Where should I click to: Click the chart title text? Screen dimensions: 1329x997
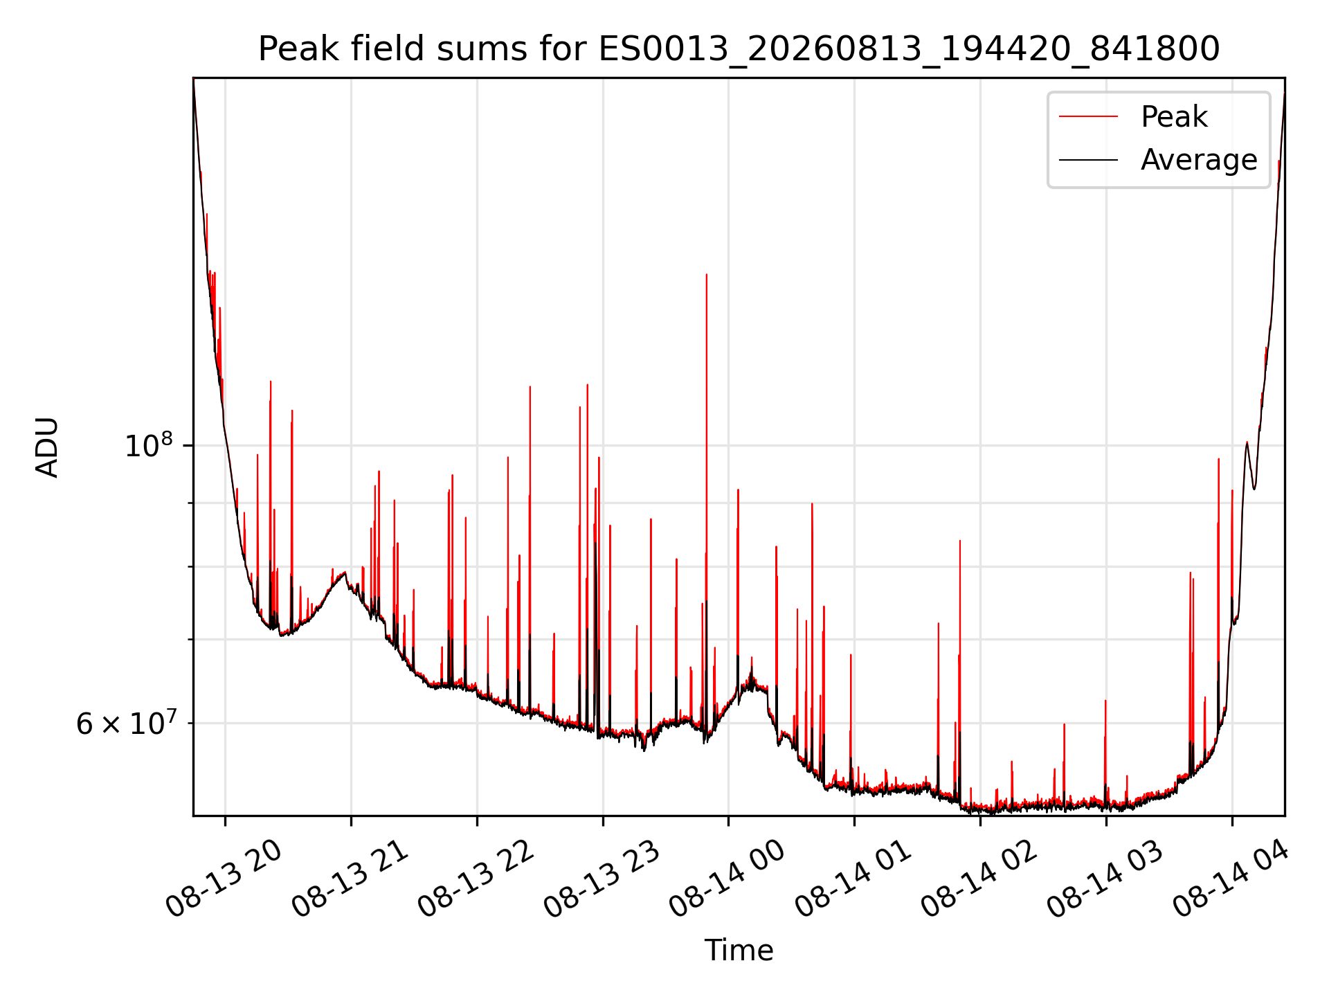point(739,49)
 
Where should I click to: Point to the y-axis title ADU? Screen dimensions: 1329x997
point(48,447)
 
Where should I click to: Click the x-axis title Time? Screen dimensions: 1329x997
point(739,950)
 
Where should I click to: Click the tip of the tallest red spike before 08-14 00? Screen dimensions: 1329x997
point(706,275)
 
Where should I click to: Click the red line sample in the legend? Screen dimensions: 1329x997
point(1088,116)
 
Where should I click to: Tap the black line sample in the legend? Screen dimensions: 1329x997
point(1088,160)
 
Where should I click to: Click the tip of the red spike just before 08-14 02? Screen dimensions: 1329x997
point(960,541)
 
